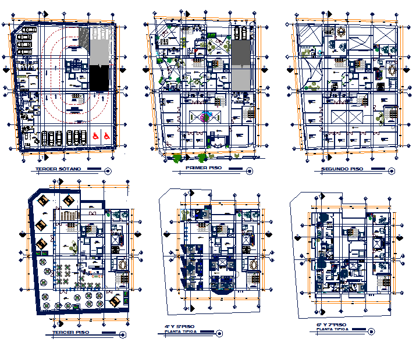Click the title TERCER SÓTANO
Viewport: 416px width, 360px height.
tap(59, 169)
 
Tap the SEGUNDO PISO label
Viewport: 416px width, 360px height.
tap(342, 169)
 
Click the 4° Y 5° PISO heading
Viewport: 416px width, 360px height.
tap(179, 326)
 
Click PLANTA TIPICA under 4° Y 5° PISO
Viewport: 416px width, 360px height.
tap(177, 333)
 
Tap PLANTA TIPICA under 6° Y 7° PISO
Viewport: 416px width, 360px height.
tap(332, 330)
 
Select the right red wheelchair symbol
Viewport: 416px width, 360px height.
tap(106, 135)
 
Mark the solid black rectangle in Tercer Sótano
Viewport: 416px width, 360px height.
tap(99, 78)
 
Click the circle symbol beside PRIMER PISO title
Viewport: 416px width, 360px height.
tap(250, 171)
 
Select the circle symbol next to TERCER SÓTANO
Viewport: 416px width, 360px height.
tap(108, 170)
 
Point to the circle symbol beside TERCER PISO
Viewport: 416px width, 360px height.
tap(122, 334)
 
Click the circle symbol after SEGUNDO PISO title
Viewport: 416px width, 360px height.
tap(389, 170)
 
